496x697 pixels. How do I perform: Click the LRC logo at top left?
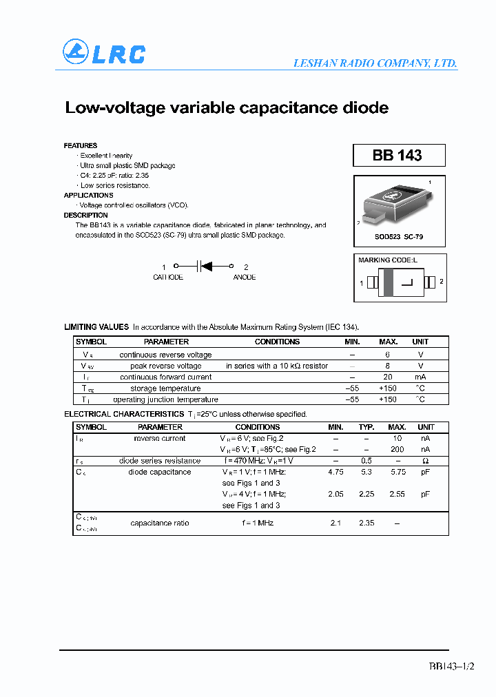[104, 53]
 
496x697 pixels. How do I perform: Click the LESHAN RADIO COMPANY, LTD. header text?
[375, 63]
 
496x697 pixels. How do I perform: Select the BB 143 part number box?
[399, 156]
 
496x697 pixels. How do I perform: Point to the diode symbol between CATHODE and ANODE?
[203, 265]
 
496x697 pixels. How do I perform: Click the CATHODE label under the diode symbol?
[167, 278]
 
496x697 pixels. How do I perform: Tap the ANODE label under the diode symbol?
[245, 278]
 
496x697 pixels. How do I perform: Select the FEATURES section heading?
[81, 145]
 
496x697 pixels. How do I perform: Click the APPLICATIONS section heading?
[88, 196]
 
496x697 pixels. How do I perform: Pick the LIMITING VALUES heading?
[96, 327]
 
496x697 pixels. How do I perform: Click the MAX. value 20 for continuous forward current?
[388, 377]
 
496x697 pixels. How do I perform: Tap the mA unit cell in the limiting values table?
[420, 377]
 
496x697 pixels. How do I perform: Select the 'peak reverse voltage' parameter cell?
[165, 366]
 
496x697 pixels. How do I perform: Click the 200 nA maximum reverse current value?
[397, 449]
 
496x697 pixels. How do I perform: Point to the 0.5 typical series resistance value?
[366, 461]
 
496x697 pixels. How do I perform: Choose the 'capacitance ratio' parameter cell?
[160, 523]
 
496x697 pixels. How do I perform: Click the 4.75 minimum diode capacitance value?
[335, 472]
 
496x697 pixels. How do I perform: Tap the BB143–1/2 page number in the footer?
[451, 666]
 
